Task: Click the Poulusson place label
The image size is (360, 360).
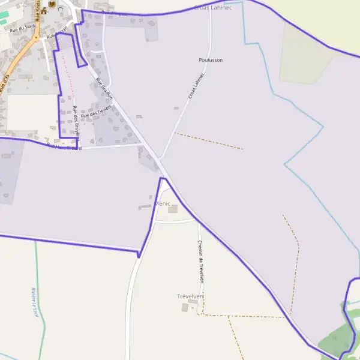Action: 210,60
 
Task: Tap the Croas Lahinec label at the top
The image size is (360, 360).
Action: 213,7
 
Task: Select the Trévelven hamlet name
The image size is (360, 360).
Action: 190,296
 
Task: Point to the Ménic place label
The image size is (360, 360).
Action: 163,204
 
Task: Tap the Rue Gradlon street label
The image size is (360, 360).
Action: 104,88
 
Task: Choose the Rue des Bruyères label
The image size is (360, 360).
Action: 76,122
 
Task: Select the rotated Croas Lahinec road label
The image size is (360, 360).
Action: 196,86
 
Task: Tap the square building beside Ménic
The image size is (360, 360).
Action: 173,209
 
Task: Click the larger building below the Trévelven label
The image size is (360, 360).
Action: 185,308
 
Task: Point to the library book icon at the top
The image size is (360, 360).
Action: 52,5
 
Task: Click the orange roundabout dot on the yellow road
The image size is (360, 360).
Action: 35,38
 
